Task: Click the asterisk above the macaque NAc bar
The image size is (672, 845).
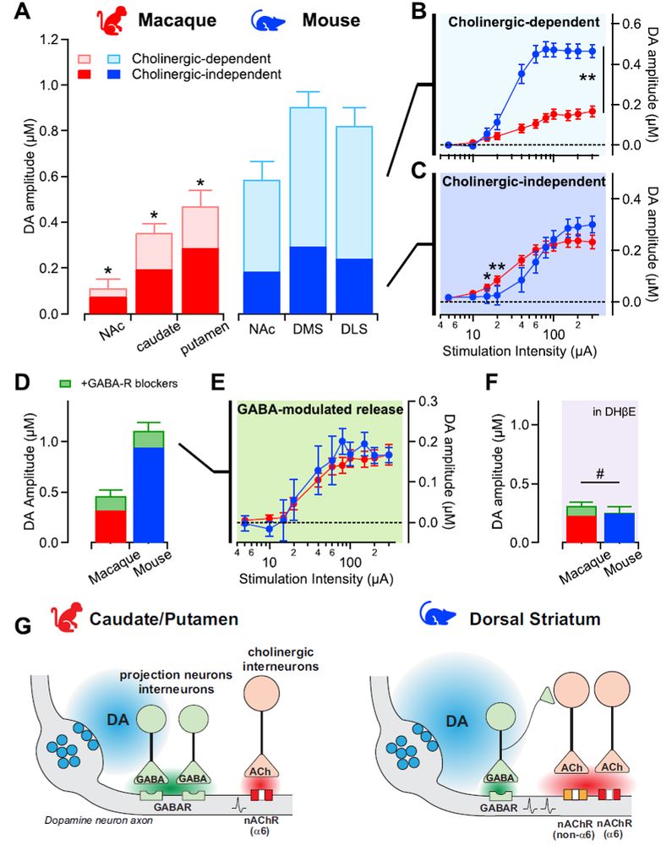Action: click(107, 270)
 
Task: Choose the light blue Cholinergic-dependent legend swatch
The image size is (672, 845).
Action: click(119, 60)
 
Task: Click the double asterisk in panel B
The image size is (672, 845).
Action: click(587, 79)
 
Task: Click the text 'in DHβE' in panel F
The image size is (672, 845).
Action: click(620, 409)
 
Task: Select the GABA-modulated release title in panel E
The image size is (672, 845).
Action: click(319, 410)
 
